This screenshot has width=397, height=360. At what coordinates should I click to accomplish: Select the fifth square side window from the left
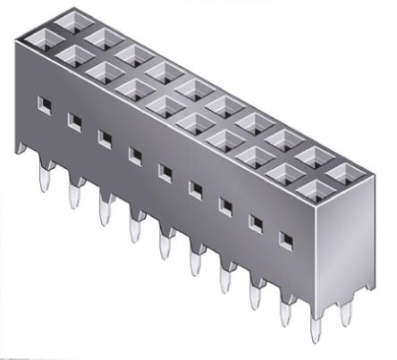click(x=165, y=169)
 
